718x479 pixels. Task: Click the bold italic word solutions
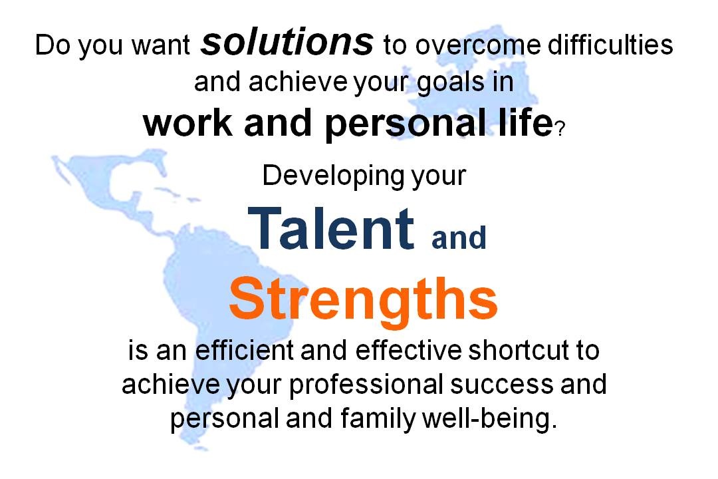point(287,42)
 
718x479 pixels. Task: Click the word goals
point(451,83)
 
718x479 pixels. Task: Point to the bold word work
point(187,123)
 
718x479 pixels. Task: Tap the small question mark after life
point(560,128)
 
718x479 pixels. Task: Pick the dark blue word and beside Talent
point(459,237)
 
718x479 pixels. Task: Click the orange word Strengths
point(363,299)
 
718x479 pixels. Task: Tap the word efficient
point(245,350)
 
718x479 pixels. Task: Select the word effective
point(408,350)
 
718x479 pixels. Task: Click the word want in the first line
point(161,47)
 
